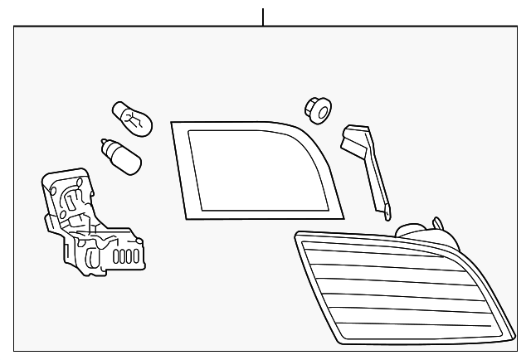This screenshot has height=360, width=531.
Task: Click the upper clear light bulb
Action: (x=132, y=118)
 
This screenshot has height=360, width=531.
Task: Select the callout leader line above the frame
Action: (x=263, y=17)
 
